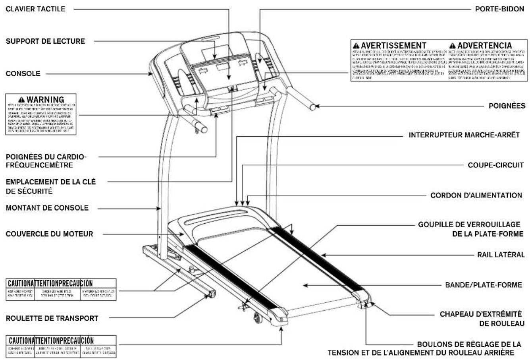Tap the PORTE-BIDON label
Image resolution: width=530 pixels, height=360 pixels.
pos(499,9)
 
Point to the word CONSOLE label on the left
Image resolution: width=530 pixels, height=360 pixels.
pos(22,74)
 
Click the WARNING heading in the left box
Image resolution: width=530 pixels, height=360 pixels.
pos(44,99)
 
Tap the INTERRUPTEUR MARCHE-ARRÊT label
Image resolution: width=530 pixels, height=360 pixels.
pos(464,135)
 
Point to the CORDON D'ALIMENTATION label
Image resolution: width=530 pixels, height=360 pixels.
pos(476,195)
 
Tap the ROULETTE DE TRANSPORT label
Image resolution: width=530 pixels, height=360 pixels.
pos(52,318)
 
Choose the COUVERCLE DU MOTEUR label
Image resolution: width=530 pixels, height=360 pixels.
pos(49,234)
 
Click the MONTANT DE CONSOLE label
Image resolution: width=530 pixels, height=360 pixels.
pos(47,207)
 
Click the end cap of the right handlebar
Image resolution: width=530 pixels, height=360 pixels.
pos(313,106)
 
